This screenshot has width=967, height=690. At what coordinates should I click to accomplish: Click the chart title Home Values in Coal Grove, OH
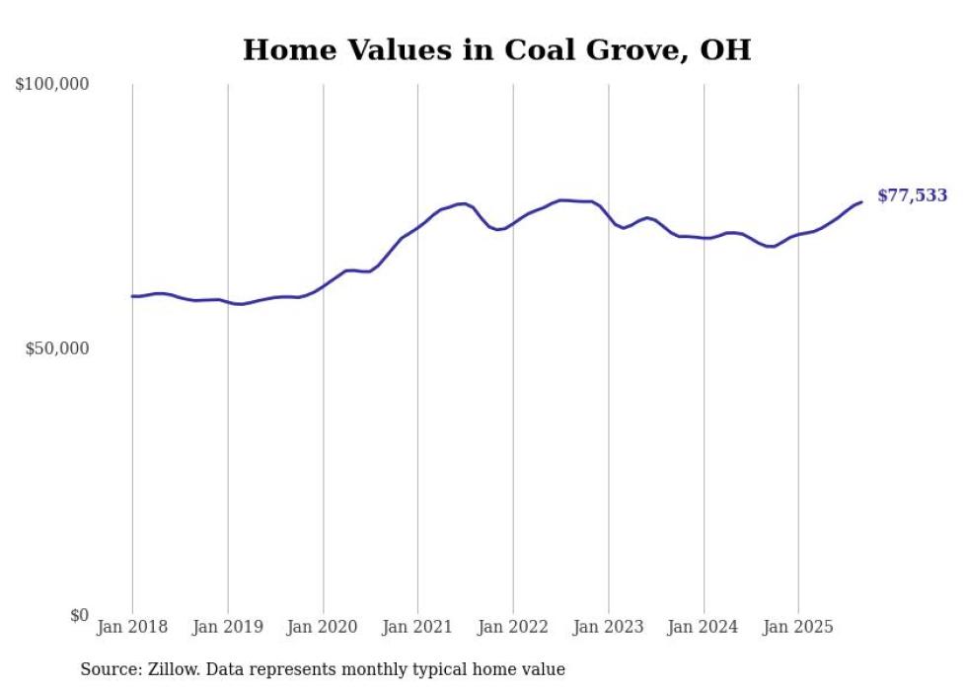pos(496,50)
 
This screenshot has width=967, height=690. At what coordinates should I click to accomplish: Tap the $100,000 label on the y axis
pos(52,85)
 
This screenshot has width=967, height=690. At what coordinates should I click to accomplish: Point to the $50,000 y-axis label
pos(56,349)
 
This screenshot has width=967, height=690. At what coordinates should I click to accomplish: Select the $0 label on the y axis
pos(79,615)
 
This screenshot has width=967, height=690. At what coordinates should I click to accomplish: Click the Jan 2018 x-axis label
pos(132,627)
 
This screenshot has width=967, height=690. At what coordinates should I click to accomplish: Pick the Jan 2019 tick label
pos(228,627)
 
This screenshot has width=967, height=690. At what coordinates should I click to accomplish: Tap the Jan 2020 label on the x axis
pos(323,627)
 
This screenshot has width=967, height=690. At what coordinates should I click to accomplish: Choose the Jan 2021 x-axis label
pos(417,627)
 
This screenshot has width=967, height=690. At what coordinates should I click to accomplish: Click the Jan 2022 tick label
pos(513,627)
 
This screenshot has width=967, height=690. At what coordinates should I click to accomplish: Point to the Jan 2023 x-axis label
pos(609,627)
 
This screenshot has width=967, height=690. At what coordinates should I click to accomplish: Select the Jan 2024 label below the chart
pos(704,627)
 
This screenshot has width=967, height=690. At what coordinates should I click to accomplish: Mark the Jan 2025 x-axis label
pos(798,627)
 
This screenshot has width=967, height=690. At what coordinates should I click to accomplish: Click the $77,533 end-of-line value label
pos(912,195)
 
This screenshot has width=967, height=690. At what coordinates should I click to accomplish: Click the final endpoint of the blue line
pos(861,202)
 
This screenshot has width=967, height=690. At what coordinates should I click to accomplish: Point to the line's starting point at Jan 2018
pos(132,296)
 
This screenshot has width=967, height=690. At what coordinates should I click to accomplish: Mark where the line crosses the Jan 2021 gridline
pos(417,227)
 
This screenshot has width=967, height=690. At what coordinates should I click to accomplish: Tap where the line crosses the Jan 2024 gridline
pos(704,238)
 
